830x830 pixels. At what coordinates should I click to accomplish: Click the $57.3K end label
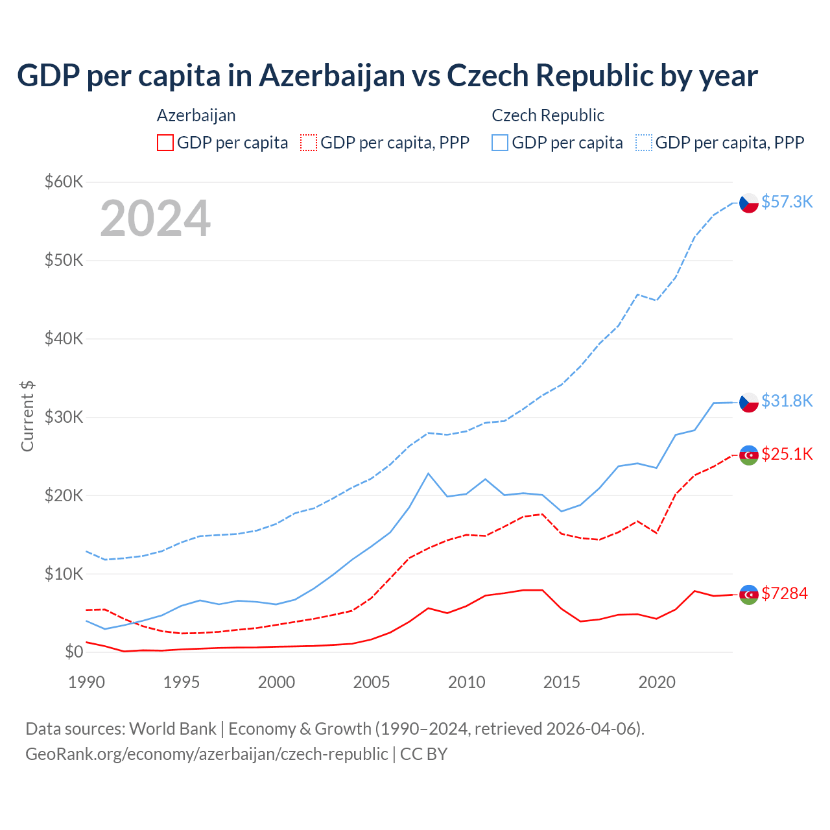[x=787, y=202]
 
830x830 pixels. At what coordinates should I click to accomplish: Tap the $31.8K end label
[x=787, y=401]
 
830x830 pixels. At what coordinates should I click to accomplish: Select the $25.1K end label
[x=787, y=454]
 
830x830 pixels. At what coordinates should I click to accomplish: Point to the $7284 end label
[x=784, y=593]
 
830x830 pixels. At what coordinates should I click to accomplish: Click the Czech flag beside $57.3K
[x=749, y=203]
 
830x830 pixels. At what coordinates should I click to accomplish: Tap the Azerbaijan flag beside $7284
[x=749, y=595]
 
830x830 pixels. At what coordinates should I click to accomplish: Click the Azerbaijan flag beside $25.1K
[x=749, y=455]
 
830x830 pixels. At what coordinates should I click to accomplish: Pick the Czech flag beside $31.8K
[x=749, y=403]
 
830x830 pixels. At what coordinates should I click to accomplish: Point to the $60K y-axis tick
[x=64, y=182]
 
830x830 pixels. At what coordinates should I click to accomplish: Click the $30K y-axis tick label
[x=64, y=417]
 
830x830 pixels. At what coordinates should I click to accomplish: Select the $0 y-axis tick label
[x=74, y=652]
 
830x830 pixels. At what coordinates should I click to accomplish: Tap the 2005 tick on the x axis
[x=372, y=682]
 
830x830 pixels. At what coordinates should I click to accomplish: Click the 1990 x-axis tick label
[x=86, y=682]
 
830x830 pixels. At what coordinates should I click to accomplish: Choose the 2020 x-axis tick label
[x=657, y=682]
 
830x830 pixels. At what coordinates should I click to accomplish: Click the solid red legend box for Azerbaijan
[x=165, y=143]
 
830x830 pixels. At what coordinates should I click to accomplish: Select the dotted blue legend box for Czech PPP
[x=644, y=143]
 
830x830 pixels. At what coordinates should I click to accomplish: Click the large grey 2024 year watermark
[x=155, y=219]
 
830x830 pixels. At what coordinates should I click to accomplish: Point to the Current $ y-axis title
[x=27, y=416]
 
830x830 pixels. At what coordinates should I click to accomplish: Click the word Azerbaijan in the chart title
[x=332, y=75]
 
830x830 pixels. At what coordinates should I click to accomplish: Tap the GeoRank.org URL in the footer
[x=206, y=754]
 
